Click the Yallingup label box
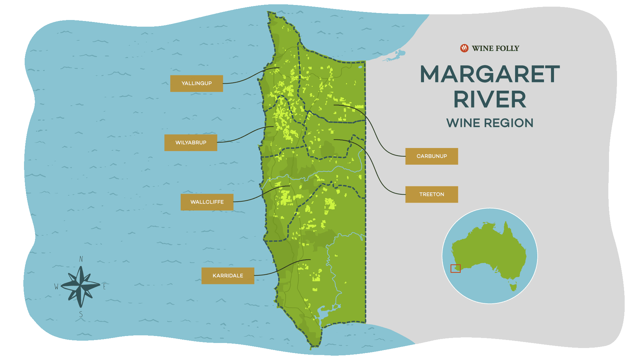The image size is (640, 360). tap(196, 83)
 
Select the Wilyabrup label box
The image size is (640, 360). tap(191, 143)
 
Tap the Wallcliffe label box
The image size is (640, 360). tap(207, 202)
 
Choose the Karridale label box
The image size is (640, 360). tap(228, 276)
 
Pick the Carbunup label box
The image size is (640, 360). tap(431, 156)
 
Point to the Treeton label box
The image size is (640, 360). tap(431, 194)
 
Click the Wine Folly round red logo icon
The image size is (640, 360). tap(464, 48)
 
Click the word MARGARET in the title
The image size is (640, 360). tap(490, 74)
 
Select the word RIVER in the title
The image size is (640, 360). tap(490, 100)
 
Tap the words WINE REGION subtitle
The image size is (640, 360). tap(490, 123)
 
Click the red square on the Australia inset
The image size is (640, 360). tap(455, 268)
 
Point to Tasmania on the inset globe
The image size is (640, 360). tap(513, 286)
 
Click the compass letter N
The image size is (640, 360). tap(81, 259)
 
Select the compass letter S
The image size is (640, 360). tap(81, 314)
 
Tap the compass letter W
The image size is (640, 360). tap(56, 286)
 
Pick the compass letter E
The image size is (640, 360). tap(104, 286)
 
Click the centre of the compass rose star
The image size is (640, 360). tap(81, 286)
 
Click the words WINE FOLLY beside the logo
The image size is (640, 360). tap(495, 48)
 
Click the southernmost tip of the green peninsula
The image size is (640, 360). tap(311, 348)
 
